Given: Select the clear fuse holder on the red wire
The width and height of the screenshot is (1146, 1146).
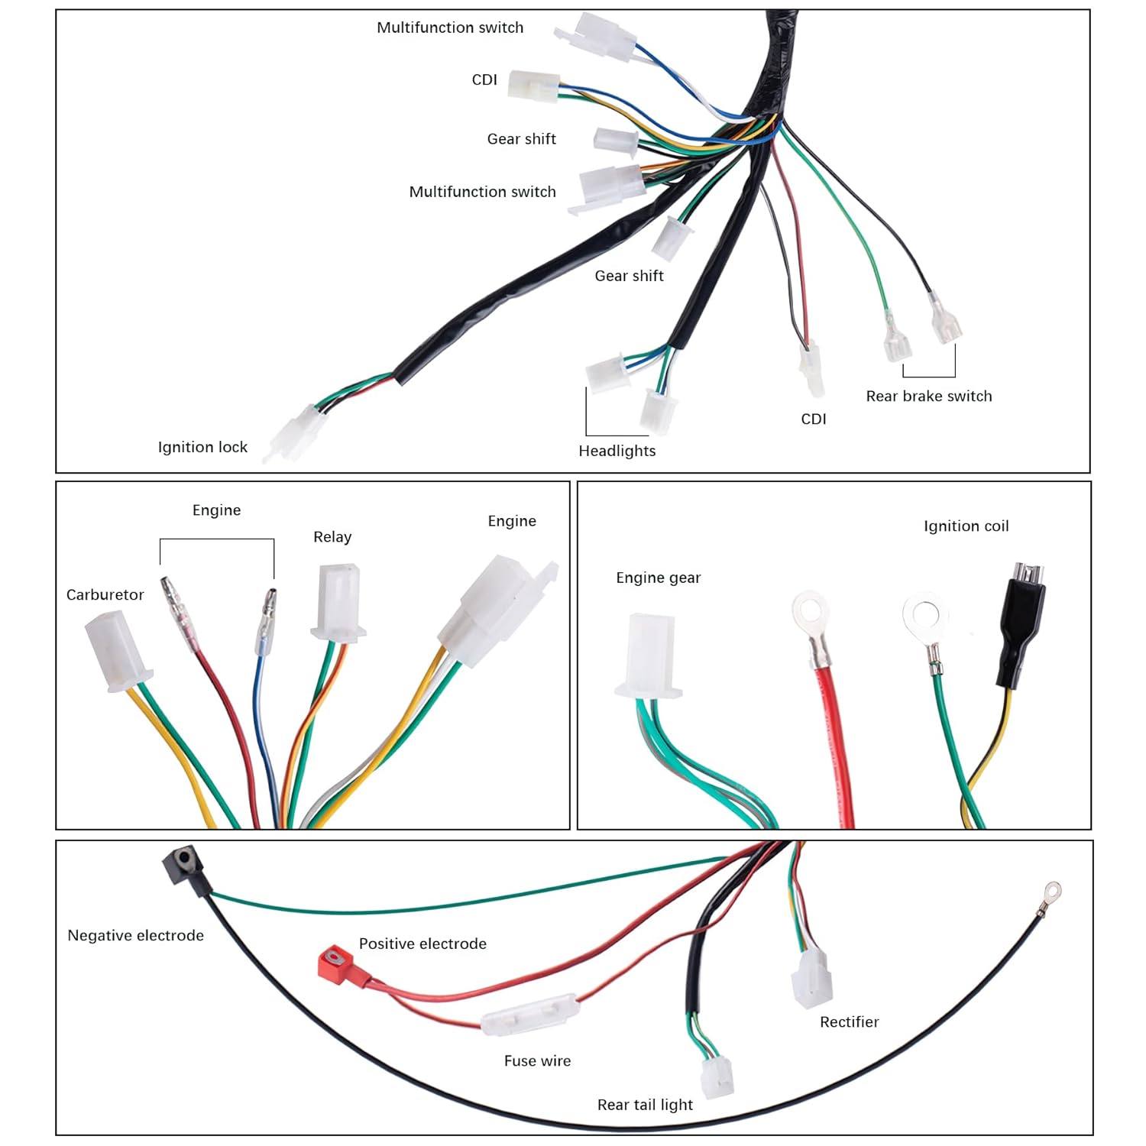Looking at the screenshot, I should (x=529, y=1014).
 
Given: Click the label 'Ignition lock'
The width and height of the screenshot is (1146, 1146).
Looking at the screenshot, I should (x=202, y=447).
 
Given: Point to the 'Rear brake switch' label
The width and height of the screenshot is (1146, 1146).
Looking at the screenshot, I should (x=928, y=396).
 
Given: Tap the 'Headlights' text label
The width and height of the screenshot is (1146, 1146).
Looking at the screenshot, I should (x=617, y=451).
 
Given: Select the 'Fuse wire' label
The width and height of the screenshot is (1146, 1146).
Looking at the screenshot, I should (x=537, y=1060).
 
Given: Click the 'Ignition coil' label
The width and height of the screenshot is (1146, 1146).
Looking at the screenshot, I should (x=966, y=526).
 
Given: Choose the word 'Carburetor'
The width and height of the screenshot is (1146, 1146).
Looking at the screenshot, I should (x=105, y=594).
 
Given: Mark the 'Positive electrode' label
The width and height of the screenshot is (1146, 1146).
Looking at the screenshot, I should (x=422, y=944).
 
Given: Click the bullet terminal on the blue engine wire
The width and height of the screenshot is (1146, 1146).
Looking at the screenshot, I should (x=265, y=623).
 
